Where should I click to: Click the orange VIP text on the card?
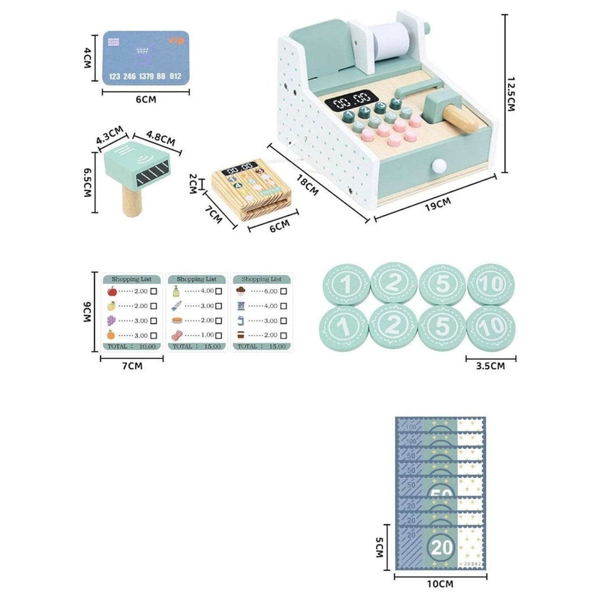pyautogui.click(x=176, y=41)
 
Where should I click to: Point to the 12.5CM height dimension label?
pyautogui.click(x=510, y=94)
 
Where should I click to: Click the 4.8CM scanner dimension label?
pyautogui.click(x=161, y=138)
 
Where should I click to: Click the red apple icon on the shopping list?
pyautogui.click(x=112, y=291)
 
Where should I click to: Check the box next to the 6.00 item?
pyautogui.click(x=283, y=291)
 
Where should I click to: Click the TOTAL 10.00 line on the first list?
pyautogui.click(x=132, y=346)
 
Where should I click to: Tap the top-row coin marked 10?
pyautogui.click(x=492, y=285)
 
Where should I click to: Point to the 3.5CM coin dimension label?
pyautogui.click(x=491, y=366)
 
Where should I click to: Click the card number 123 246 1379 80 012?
pyautogui.click(x=145, y=76)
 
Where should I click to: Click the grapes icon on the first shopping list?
pyautogui.click(x=111, y=320)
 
